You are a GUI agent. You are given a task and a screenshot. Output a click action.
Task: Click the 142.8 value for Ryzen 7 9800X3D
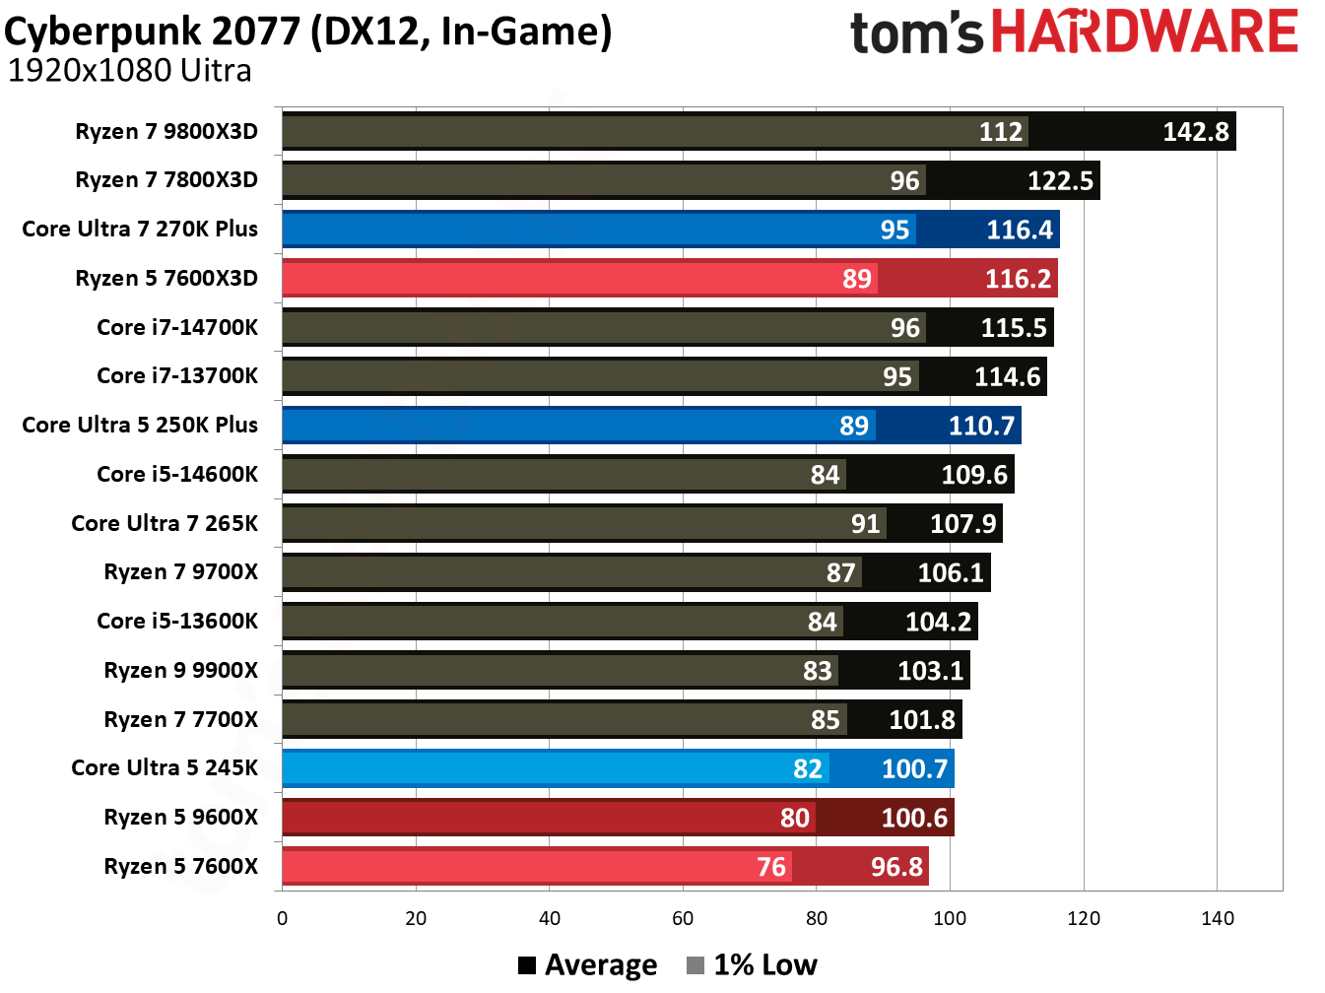pos(1195,132)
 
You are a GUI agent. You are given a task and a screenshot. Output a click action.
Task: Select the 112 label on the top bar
pos(1000,132)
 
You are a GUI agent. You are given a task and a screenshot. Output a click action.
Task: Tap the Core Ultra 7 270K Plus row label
pos(140,229)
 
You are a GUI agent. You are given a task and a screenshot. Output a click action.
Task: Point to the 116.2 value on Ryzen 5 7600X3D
pos(1018,279)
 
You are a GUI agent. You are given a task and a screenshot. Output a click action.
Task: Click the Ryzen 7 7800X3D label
pos(166,179)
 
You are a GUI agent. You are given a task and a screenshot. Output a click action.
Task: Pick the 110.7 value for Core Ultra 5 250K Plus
pos(981,426)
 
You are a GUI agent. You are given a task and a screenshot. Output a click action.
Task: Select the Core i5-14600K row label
pos(177,474)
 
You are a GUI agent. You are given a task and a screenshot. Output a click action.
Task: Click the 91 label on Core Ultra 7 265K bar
pos(865,523)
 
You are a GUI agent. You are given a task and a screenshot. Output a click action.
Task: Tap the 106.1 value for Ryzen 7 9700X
pos(951,572)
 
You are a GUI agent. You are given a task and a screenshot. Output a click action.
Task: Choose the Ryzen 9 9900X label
pos(180,670)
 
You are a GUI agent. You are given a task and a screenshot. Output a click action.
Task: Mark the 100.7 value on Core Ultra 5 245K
pos(914,768)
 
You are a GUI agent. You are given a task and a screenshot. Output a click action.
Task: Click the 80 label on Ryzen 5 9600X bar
pos(794,818)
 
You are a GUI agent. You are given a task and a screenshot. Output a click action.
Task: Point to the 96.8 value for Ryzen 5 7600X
pos(896,867)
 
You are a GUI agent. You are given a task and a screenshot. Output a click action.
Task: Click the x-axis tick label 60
pos(683,918)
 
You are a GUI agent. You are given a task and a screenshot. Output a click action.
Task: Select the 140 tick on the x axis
pos(1218,918)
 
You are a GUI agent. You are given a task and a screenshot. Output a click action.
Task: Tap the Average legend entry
pos(588,965)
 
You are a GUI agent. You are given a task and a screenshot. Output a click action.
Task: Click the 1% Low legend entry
pos(753,965)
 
